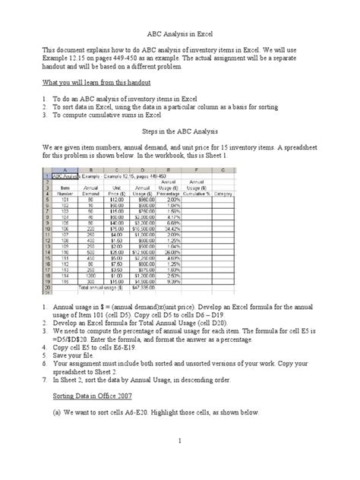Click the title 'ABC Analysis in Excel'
pyautogui.click(x=180, y=34)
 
